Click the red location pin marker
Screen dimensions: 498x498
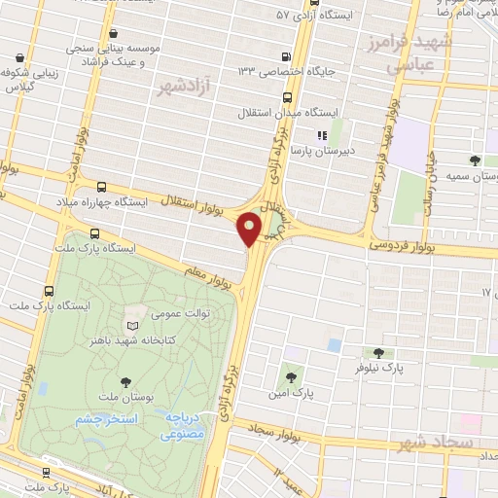coord(252,229)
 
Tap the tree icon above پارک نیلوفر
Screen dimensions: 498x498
coord(377,353)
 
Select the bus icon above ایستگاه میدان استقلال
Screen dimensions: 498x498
coord(287,97)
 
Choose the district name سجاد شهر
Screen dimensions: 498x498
coord(434,444)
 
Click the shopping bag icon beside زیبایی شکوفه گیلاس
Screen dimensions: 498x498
coord(32,56)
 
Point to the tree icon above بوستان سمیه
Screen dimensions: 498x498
coord(475,160)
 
